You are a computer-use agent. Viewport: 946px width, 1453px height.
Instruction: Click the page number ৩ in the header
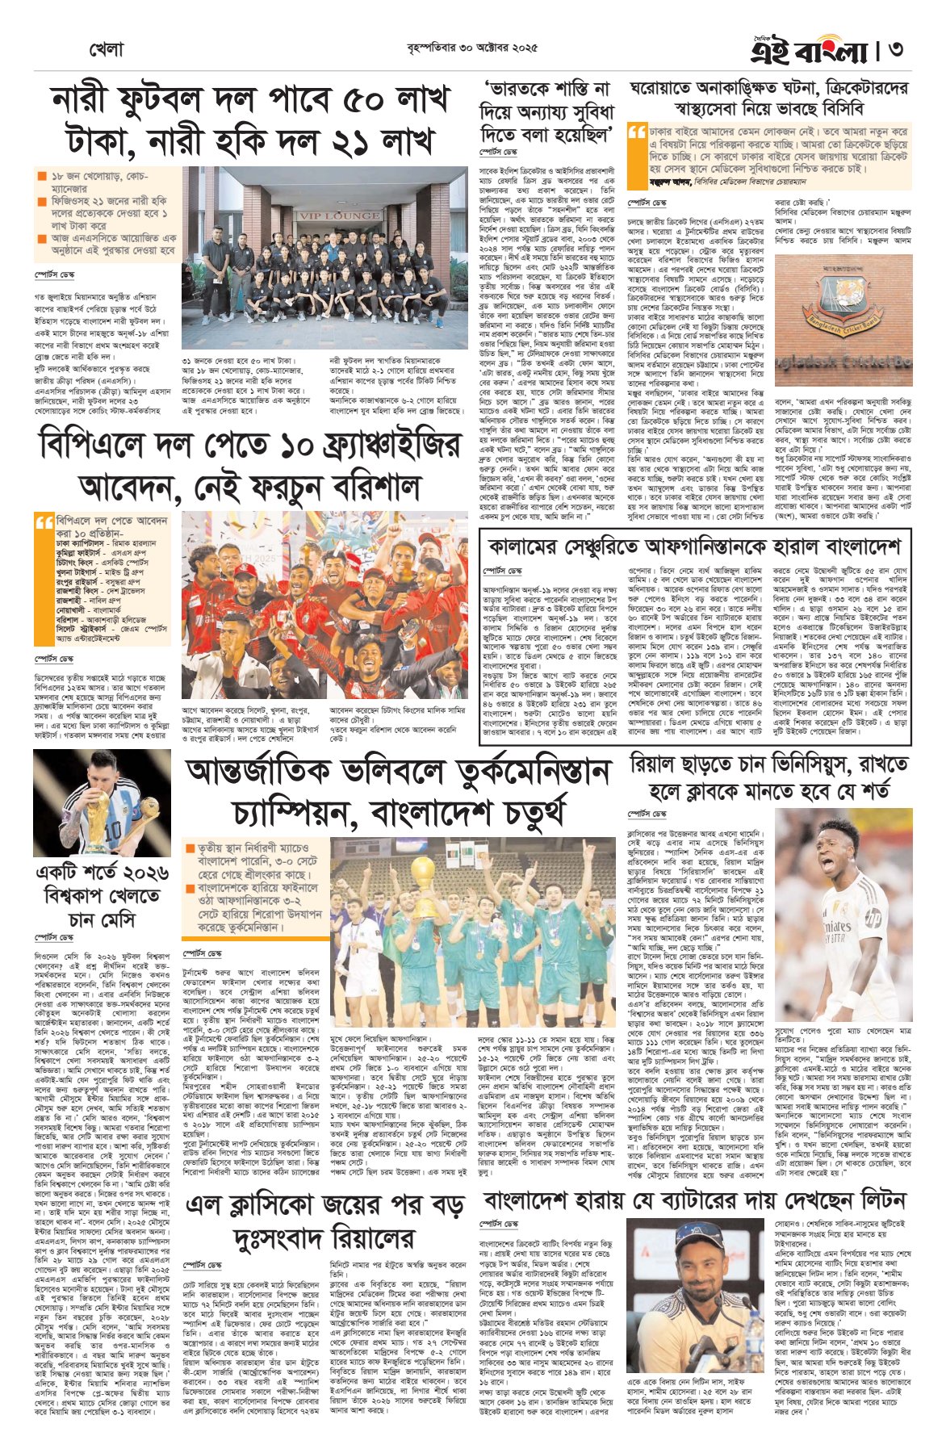895,50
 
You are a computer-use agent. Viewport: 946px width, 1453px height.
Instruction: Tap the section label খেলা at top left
106,50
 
